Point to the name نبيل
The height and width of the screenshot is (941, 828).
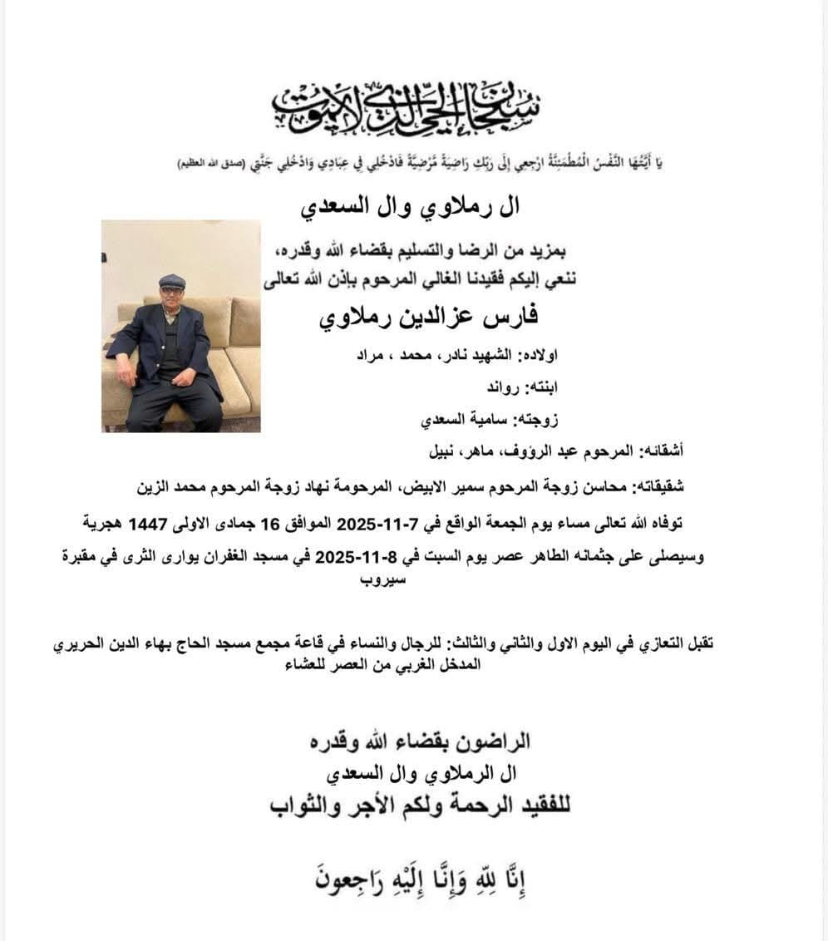444,453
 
